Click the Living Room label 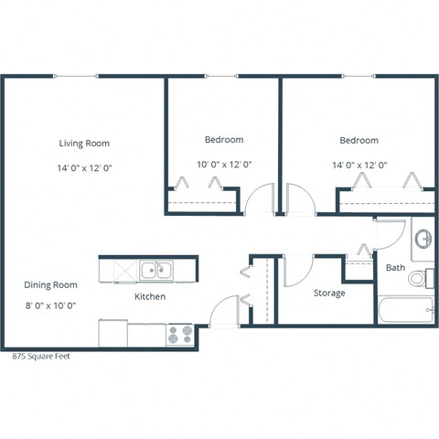click(x=84, y=143)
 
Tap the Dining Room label click(x=50, y=284)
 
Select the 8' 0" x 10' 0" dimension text click(x=50, y=306)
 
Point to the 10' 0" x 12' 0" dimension click(x=223, y=166)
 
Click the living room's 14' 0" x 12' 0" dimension click(x=84, y=168)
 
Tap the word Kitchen click(x=150, y=297)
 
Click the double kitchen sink click(x=156, y=270)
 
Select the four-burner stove click(x=179, y=335)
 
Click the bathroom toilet click(x=421, y=277)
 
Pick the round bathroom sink click(x=424, y=240)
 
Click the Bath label click(x=395, y=268)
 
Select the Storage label click(x=329, y=294)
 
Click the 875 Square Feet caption click(x=40, y=357)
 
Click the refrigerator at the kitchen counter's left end click(x=112, y=333)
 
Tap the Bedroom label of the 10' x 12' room click(x=223, y=140)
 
